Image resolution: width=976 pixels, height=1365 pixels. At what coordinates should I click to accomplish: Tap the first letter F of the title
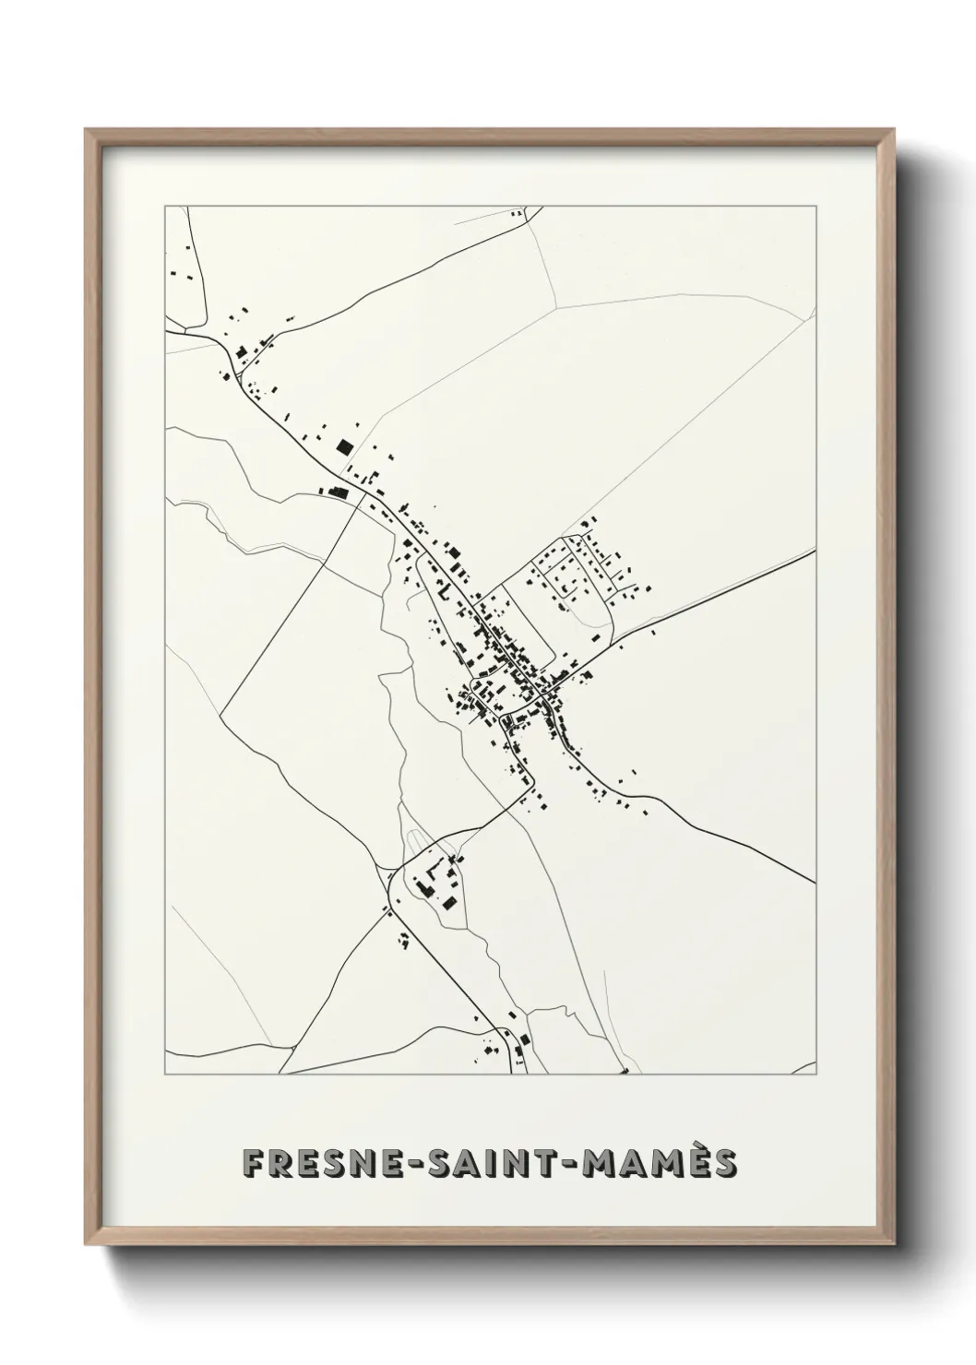pyautogui.click(x=252, y=1163)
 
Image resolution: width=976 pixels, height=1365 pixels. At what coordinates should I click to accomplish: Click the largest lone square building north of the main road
pyautogui.click(x=343, y=447)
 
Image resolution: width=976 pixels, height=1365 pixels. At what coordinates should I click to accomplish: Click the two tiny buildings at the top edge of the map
pyautogui.click(x=517, y=214)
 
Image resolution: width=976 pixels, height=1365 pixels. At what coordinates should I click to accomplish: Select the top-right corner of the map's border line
pyautogui.click(x=816, y=206)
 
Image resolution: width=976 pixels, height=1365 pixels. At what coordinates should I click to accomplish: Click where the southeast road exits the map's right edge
pyautogui.click(x=815, y=882)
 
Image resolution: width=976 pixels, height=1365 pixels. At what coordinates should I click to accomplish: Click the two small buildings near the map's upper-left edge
pyautogui.click(x=175, y=274)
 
